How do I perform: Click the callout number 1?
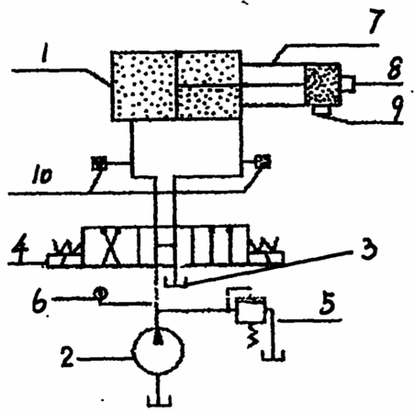[46, 51]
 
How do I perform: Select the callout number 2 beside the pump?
[67, 356]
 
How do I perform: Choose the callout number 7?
[375, 20]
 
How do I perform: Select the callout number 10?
[42, 176]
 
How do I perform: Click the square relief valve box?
[251, 309]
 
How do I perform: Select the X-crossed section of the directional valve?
[111, 246]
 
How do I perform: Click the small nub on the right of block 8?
[349, 84]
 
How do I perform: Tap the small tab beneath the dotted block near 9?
[319, 110]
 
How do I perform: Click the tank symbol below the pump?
[160, 401]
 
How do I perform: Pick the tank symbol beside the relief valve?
[274, 355]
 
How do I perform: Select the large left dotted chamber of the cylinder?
[144, 85]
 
